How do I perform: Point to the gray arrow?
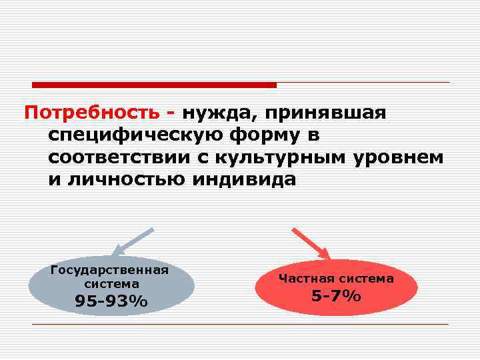[x=133, y=242]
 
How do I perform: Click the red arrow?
[x=311, y=243]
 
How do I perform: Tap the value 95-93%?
[x=111, y=302]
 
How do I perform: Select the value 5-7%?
[x=336, y=295]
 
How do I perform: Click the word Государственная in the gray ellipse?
[x=109, y=270]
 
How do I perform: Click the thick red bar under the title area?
[x=154, y=85]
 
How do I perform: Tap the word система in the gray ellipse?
[x=111, y=283]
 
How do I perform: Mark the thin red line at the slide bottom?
[x=240, y=324]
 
